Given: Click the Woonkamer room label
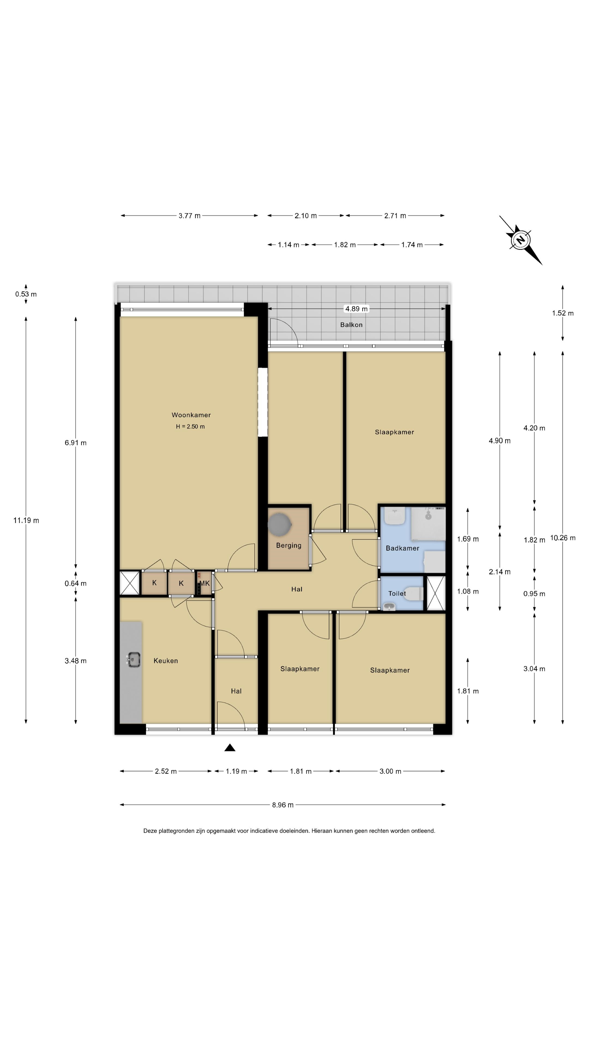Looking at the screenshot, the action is [191, 415].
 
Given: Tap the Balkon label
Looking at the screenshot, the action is [351, 325].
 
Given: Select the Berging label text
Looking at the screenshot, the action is [289, 545].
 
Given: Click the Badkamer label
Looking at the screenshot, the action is [402, 548].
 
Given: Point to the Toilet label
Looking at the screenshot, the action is [397, 593].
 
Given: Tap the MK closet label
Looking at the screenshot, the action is [205, 583].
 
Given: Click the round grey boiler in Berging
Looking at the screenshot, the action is [280, 524].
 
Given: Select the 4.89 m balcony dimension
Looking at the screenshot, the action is [356, 309].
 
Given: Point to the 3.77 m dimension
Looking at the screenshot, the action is [190, 216].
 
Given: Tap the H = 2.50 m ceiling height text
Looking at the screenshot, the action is [190, 426].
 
